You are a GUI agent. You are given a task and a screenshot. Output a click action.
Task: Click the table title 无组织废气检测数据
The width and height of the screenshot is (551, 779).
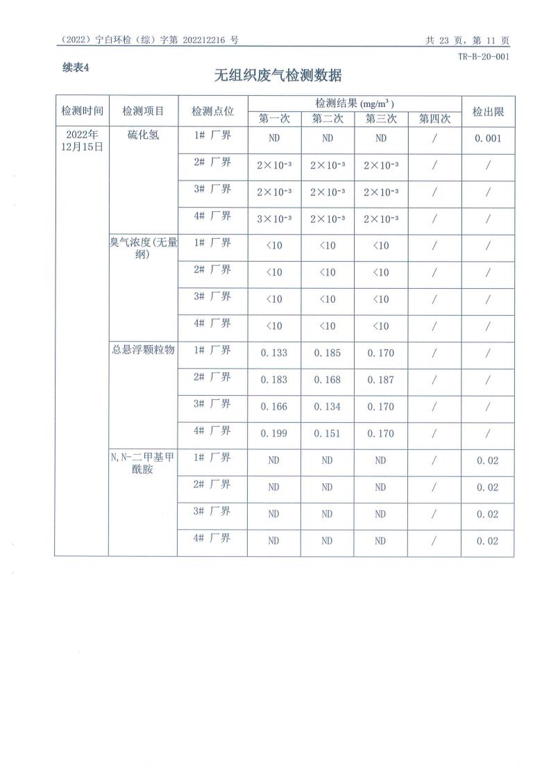(278, 75)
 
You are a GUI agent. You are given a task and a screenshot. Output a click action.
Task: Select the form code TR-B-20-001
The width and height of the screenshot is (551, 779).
(484, 57)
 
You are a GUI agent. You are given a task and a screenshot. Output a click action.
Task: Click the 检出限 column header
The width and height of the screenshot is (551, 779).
(488, 111)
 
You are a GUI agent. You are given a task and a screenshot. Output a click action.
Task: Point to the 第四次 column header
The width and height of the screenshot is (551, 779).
(434, 119)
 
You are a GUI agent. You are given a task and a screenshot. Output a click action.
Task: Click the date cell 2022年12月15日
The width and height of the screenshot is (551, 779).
(82, 140)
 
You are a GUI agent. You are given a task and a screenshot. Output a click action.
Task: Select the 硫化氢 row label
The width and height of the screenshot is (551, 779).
(143, 135)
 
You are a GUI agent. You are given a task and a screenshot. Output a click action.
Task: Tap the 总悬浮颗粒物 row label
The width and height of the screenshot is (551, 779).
(143, 350)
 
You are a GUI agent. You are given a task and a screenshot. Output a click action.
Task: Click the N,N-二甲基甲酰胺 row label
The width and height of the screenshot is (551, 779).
(143, 463)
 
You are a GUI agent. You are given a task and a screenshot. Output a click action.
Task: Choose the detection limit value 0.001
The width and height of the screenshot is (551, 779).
(488, 138)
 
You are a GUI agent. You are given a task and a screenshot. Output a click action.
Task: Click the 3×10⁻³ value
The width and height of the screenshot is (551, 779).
(273, 219)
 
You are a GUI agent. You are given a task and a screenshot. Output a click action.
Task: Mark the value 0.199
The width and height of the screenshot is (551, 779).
(273, 433)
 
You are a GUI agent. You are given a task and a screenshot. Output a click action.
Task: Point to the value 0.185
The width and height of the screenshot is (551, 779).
(327, 353)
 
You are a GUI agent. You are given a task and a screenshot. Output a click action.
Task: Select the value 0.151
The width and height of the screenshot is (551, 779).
(327, 433)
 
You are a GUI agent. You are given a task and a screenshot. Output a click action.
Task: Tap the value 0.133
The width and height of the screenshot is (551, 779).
(273, 353)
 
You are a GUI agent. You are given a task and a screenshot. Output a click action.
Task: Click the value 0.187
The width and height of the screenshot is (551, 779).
(380, 380)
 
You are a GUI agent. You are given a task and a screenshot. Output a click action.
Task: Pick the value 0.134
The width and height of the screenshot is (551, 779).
(327, 406)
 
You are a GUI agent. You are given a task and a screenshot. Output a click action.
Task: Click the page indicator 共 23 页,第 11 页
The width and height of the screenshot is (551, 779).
(467, 40)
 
